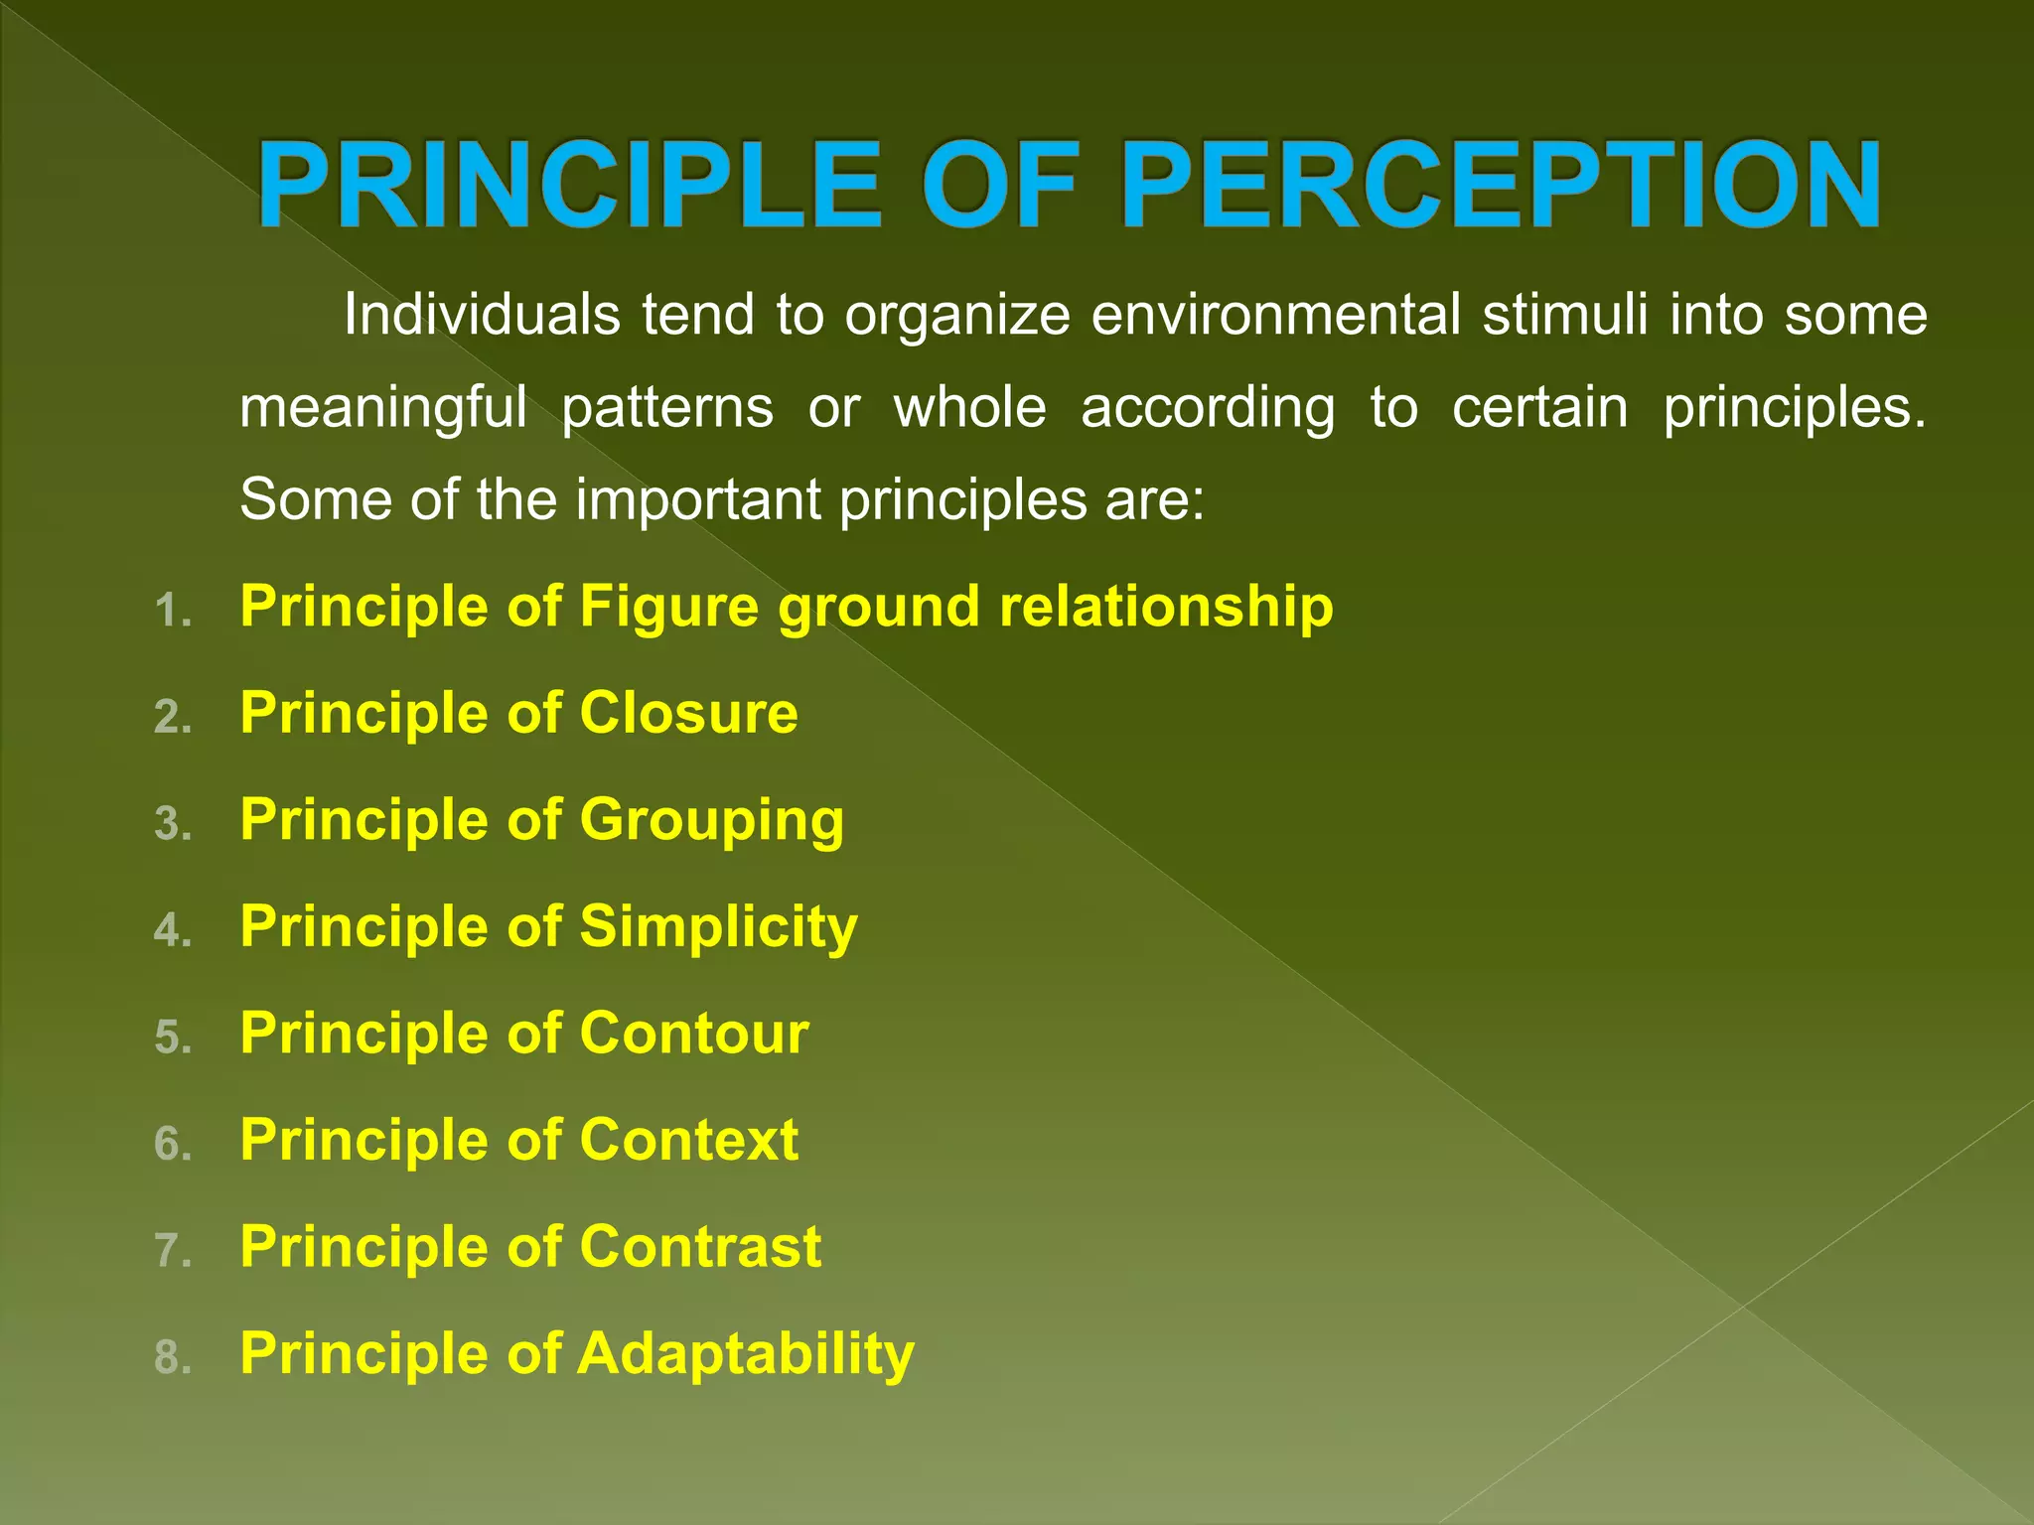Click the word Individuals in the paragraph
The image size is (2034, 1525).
(x=482, y=315)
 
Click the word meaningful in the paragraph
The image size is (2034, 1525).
(x=383, y=408)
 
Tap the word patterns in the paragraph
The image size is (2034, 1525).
(x=667, y=408)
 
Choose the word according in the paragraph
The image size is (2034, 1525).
(x=1208, y=408)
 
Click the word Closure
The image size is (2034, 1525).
(x=688, y=713)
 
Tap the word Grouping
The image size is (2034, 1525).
(x=711, y=821)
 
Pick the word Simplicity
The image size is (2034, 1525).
(x=718, y=926)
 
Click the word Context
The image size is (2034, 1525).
(x=688, y=1140)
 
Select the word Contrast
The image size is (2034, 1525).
(x=700, y=1247)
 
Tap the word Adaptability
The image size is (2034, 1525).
(x=746, y=1354)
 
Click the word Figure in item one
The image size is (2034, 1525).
(x=668, y=608)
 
